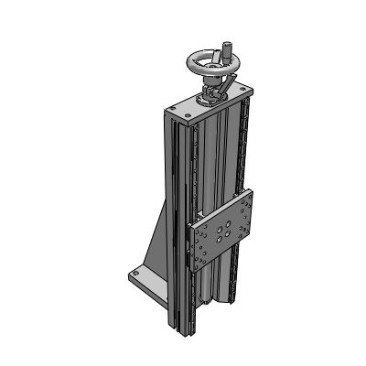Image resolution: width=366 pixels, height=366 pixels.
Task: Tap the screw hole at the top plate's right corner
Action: (243, 91)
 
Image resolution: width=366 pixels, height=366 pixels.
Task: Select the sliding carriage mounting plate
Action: (224, 233)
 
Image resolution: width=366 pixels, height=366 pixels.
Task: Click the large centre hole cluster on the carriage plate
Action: (225, 233)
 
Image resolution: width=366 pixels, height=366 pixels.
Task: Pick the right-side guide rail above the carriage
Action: (244, 146)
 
